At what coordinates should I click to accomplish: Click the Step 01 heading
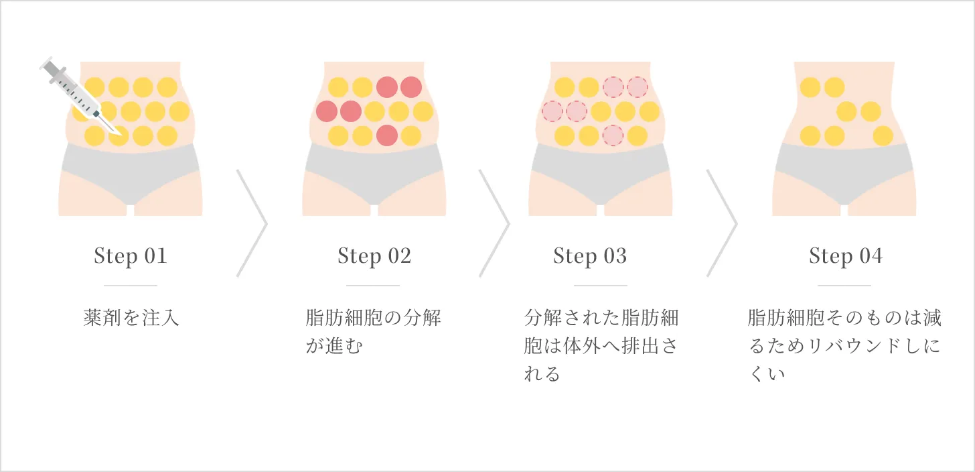(x=131, y=256)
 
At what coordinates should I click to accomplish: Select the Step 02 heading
(x=374, y=256)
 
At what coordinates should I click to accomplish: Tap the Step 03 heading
(x=590, y=256)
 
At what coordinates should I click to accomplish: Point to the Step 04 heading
(x=846, y=256)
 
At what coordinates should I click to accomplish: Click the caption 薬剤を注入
(x=131, y=318)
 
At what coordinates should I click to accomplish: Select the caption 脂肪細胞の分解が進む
(x=374, y=332)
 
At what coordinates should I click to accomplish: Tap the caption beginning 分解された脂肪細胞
(x=601, y=345)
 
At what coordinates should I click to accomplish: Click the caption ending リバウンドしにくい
(x=844, y=345)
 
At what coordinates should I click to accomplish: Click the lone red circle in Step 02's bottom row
(x=386, y=135)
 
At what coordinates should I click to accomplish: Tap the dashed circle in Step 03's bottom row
(x=613, y=135)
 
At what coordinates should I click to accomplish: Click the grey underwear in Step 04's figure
(x=844, y=173)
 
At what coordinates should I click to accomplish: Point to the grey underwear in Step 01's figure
(x=130, y=173)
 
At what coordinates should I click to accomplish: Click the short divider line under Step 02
(x=373, y=286)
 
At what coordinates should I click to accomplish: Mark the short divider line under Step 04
(x=844, y=286)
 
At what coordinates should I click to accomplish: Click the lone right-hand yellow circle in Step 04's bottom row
(x=883, y=135)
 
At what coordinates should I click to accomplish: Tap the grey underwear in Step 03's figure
(x=600, y=173)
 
